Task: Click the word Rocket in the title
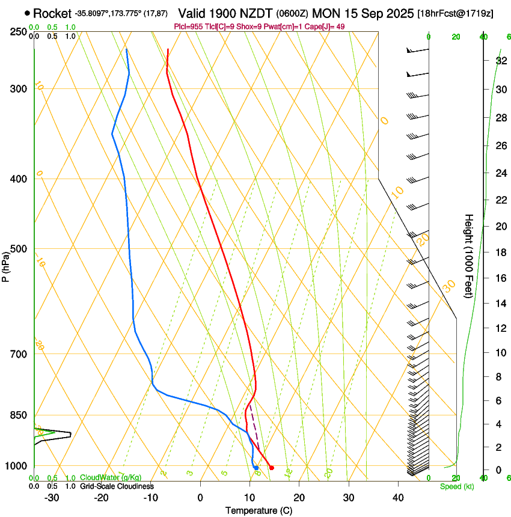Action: (52, 13)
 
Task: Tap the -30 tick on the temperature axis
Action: (52, 498)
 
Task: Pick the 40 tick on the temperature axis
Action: (398, 498)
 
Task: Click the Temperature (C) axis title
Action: (259, 510)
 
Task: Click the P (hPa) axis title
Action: (6, 266)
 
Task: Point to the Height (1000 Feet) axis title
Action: (470, 256)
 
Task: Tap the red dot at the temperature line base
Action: (272, 468)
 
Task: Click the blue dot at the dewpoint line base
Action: (256, 468)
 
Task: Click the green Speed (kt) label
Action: (456, 486)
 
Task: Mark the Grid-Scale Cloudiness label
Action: (117, 486)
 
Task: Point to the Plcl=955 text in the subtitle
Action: (187, 26)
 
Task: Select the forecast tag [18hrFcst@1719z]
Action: (455, 13)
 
